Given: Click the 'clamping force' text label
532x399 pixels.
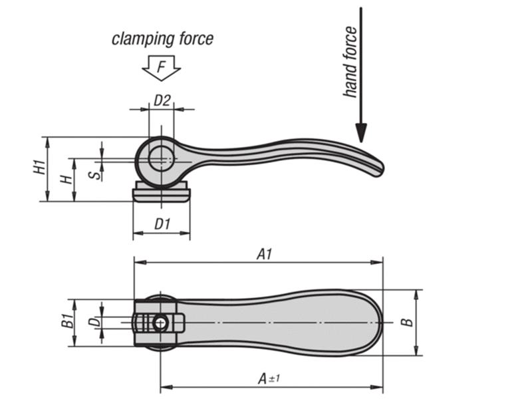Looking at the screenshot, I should [x=162, y=39].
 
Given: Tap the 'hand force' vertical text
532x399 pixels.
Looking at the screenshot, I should [x=351, y=61].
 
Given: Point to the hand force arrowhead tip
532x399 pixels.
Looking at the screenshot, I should [x=360, y=140].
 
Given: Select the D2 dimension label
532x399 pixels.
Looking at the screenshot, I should [x=162, y=100].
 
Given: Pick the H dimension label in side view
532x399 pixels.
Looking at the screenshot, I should [x=65, y=180].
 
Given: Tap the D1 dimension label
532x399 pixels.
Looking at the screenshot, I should [x=162, y=224].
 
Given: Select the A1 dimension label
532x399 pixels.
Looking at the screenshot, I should [x=265, y=253].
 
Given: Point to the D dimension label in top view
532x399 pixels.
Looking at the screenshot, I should [x=95, y=323].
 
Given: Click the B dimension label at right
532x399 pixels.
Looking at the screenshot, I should [x=408, y=323].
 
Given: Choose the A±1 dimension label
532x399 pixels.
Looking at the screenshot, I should [x=267, y=378].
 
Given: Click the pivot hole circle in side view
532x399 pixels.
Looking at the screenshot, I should [x=160, y=158].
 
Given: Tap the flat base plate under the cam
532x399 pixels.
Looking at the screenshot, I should [x=162, y=194].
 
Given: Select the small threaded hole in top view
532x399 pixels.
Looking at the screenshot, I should [x=161, y=324].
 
